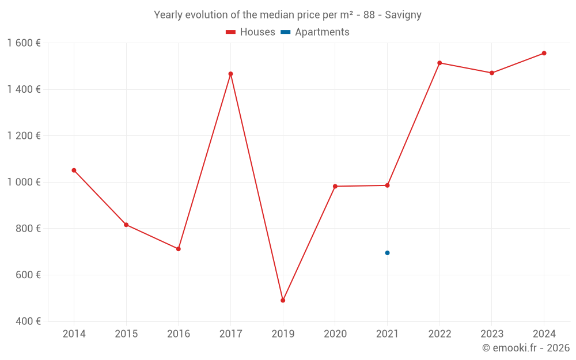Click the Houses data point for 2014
tap(74, 170)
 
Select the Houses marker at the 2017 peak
tap(230, 74)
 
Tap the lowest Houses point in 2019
tap(283, 300)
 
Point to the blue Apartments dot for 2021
tap(387, 253)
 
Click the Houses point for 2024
tap(544, 53)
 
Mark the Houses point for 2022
tap(439, 63)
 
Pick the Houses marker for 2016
tap(179, 249)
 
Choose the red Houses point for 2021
tap(387, 185)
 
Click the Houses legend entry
tap(251, 32)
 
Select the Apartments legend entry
tap(315, 32)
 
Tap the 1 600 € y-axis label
tap(24, 43)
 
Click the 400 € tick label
tap(28, 321)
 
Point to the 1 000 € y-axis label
tap(24, 182)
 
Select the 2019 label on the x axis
tap(283, 334)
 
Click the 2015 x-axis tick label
tap(126, 334)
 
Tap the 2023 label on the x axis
tap(491, 334)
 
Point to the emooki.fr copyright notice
tap(525, 348)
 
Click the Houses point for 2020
tap(335, 186)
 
